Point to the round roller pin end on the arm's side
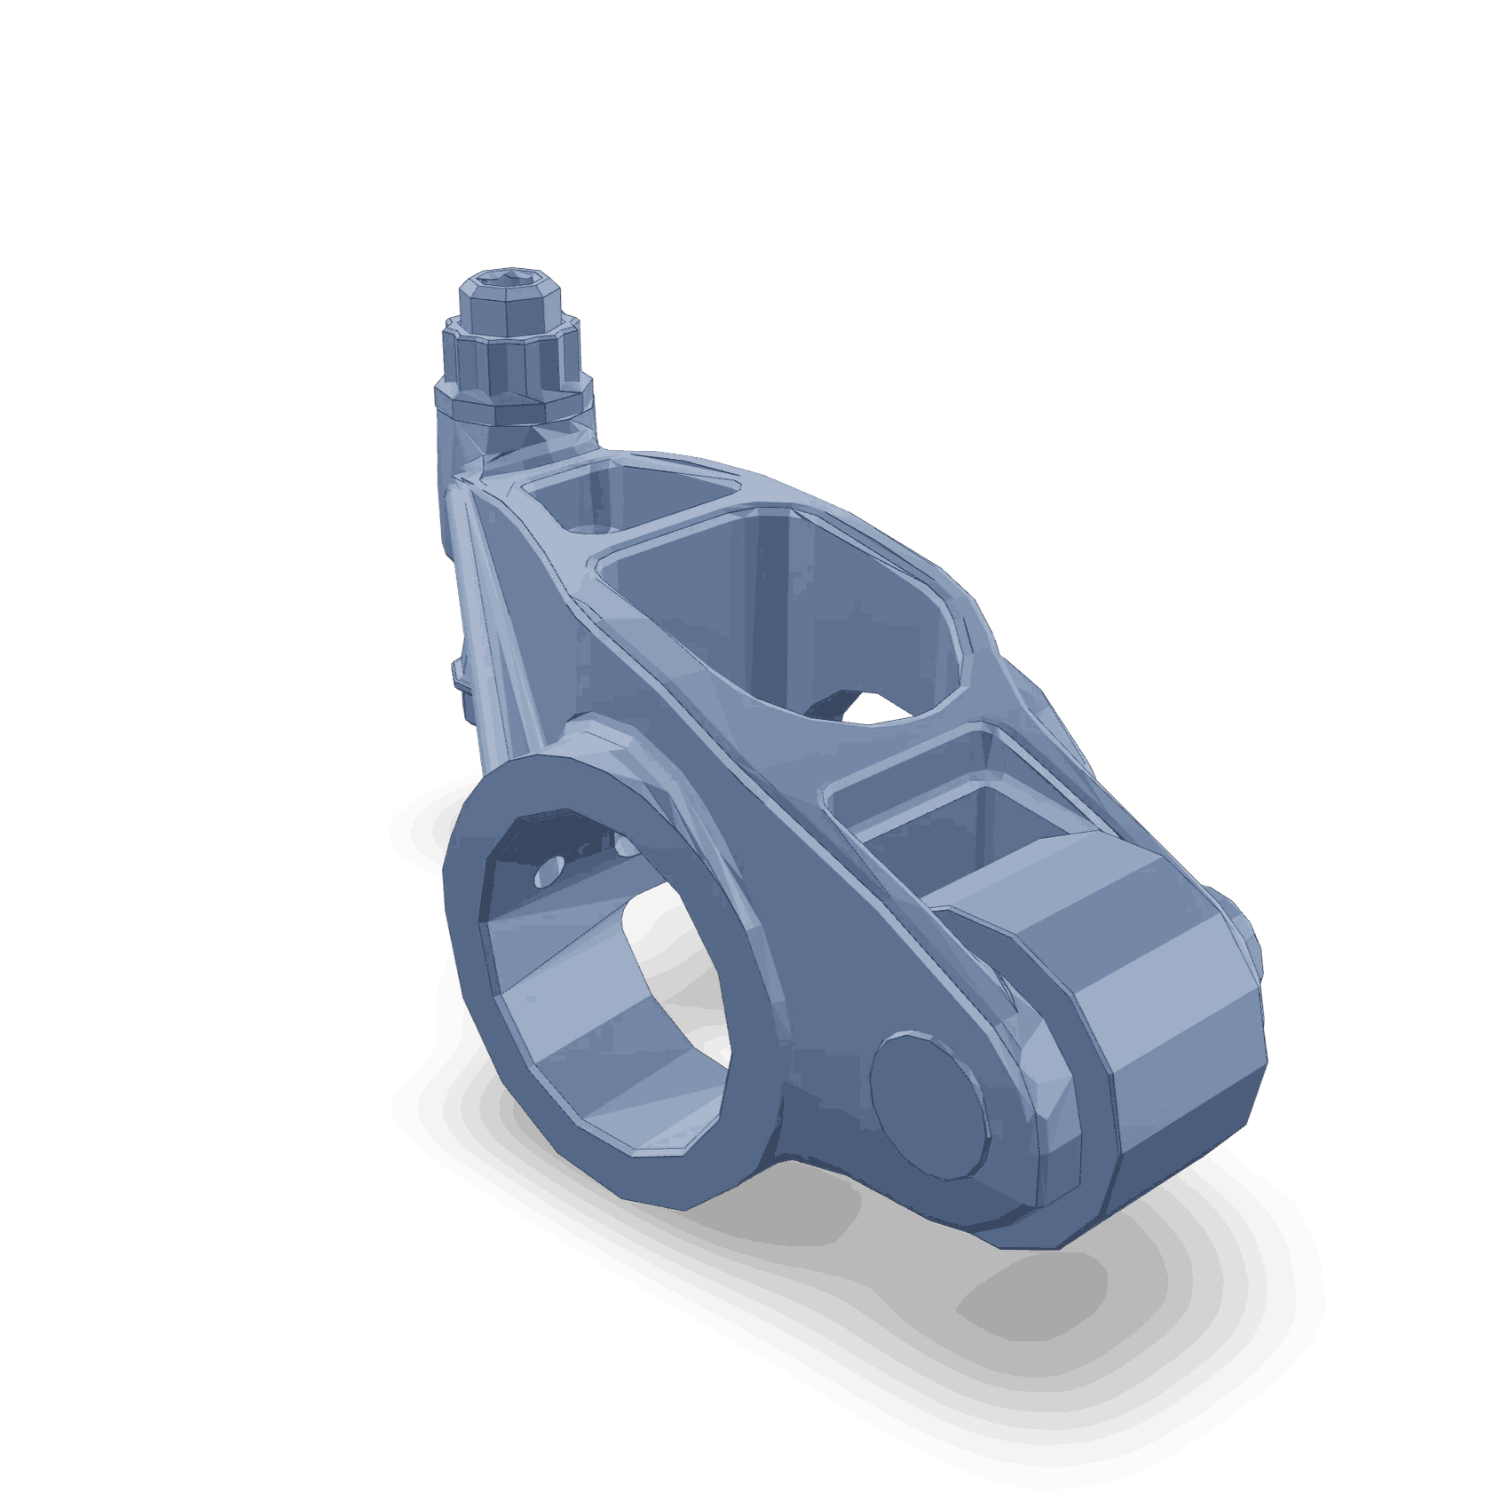pos(928,1105)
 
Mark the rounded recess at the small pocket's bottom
pos(588,529)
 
